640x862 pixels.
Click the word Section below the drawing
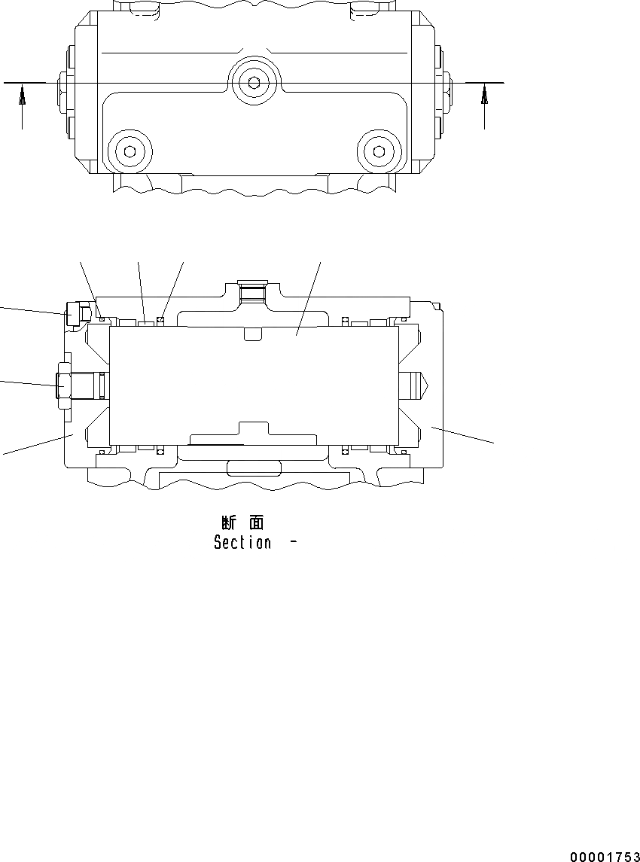tap(242, 542)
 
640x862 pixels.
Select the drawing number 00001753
tap(605, 857)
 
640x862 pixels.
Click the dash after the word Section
tap(291, 542)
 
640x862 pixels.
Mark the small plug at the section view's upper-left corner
tap(74, 314)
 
